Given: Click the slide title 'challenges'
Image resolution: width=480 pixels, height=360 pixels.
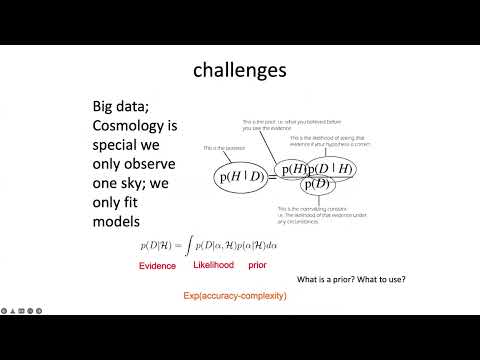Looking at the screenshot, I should click(x=239, y=72).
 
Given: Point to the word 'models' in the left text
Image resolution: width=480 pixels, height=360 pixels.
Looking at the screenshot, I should click(x=109, y=220).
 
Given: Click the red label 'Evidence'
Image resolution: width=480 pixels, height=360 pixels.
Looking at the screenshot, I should click(x=158, y=266).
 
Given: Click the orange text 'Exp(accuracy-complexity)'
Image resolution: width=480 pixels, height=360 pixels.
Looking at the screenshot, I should click(x=235, y=297).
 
